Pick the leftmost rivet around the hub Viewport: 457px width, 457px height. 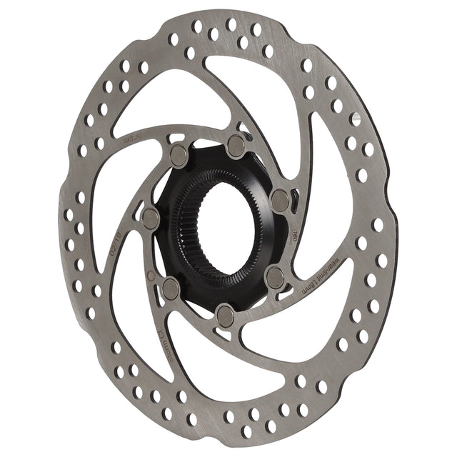(x=151, y=218)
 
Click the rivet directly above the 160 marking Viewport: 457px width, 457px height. (x=281, y=200)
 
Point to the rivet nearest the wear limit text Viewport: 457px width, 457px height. (x=274, y=277)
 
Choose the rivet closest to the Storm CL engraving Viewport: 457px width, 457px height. (x=170, y=288)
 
